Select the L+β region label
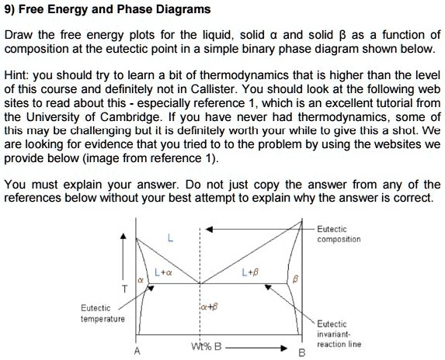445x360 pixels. coord(252,272)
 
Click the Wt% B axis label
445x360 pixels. coord(207,346)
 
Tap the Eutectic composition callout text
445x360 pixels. coord(338,234)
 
